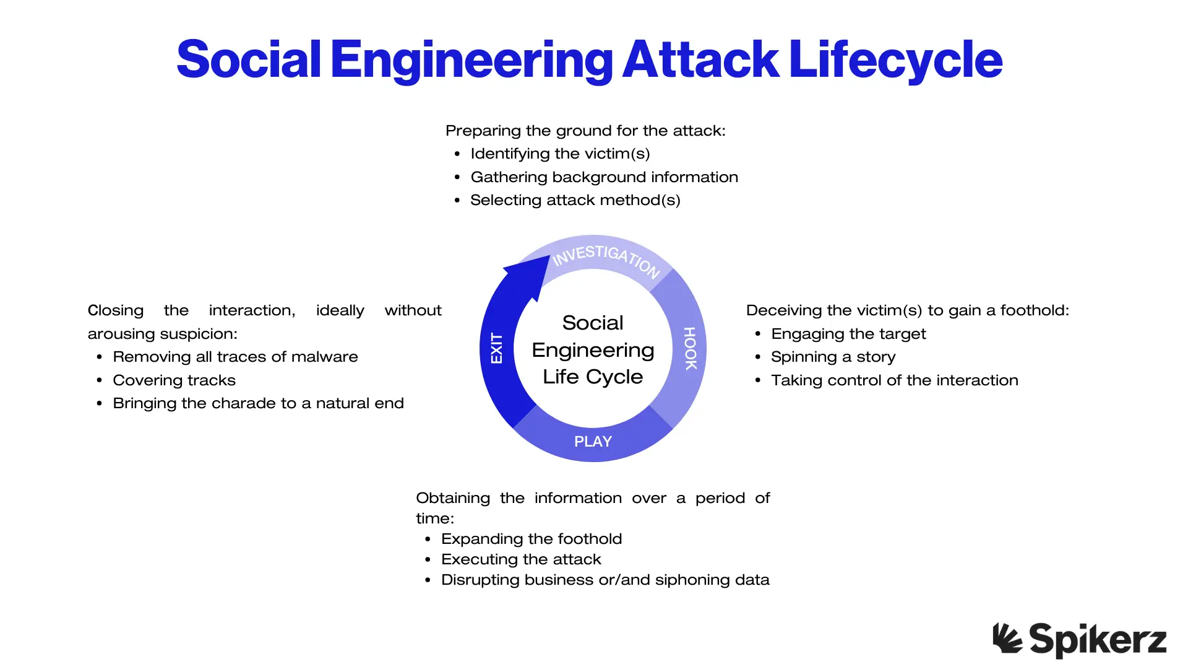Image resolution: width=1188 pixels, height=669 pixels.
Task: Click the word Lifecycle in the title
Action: pyautogui.click(x=895, y=59)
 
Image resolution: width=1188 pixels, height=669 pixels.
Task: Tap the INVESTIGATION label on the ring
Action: pyautogui.click(x=606, y=258)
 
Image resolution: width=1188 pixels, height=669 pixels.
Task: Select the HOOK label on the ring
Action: pyautogui.click(x=690, y=348)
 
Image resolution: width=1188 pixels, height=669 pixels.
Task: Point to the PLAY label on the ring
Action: pyautogui.click(x=593, y=442)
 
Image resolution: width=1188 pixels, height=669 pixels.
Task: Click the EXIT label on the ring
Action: pyautogui.click(x=496, y=348)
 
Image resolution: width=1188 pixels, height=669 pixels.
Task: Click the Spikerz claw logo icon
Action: pyautogui.click(x=1007, y=637)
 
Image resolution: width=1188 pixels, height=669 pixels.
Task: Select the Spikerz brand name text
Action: pyautogui.click(x=1098, y=640)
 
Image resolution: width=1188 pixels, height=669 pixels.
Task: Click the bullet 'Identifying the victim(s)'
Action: pyautogui.click(x=560, y=154)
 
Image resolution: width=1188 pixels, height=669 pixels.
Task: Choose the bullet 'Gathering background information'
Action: pyautogui.click(x=604, y=177)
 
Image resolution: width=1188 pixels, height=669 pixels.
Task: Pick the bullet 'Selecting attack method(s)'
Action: pyautogui.click(x=575, y=200)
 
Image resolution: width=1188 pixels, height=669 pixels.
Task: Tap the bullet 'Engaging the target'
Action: pyautogui.click(x=848, y=334)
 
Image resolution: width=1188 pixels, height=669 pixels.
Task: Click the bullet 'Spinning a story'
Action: pyautogui.click(x=833, y=357)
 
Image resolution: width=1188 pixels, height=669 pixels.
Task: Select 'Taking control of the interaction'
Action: pyautogui.click(x=894, y=380)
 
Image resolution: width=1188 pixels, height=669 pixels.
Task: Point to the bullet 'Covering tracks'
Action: pyautogui.click(x=174, y=380)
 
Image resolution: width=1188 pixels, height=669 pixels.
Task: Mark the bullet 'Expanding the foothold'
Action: pyautogui.click(x=531, y=539)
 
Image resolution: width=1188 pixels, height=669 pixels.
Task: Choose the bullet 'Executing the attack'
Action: pyautogui.click(x=521, y=559)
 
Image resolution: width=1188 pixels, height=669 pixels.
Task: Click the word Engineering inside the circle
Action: pyautogui.click(x=593, y=350)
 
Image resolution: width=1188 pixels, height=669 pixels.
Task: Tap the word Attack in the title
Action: pyautogui.click(x=701, y=59)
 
